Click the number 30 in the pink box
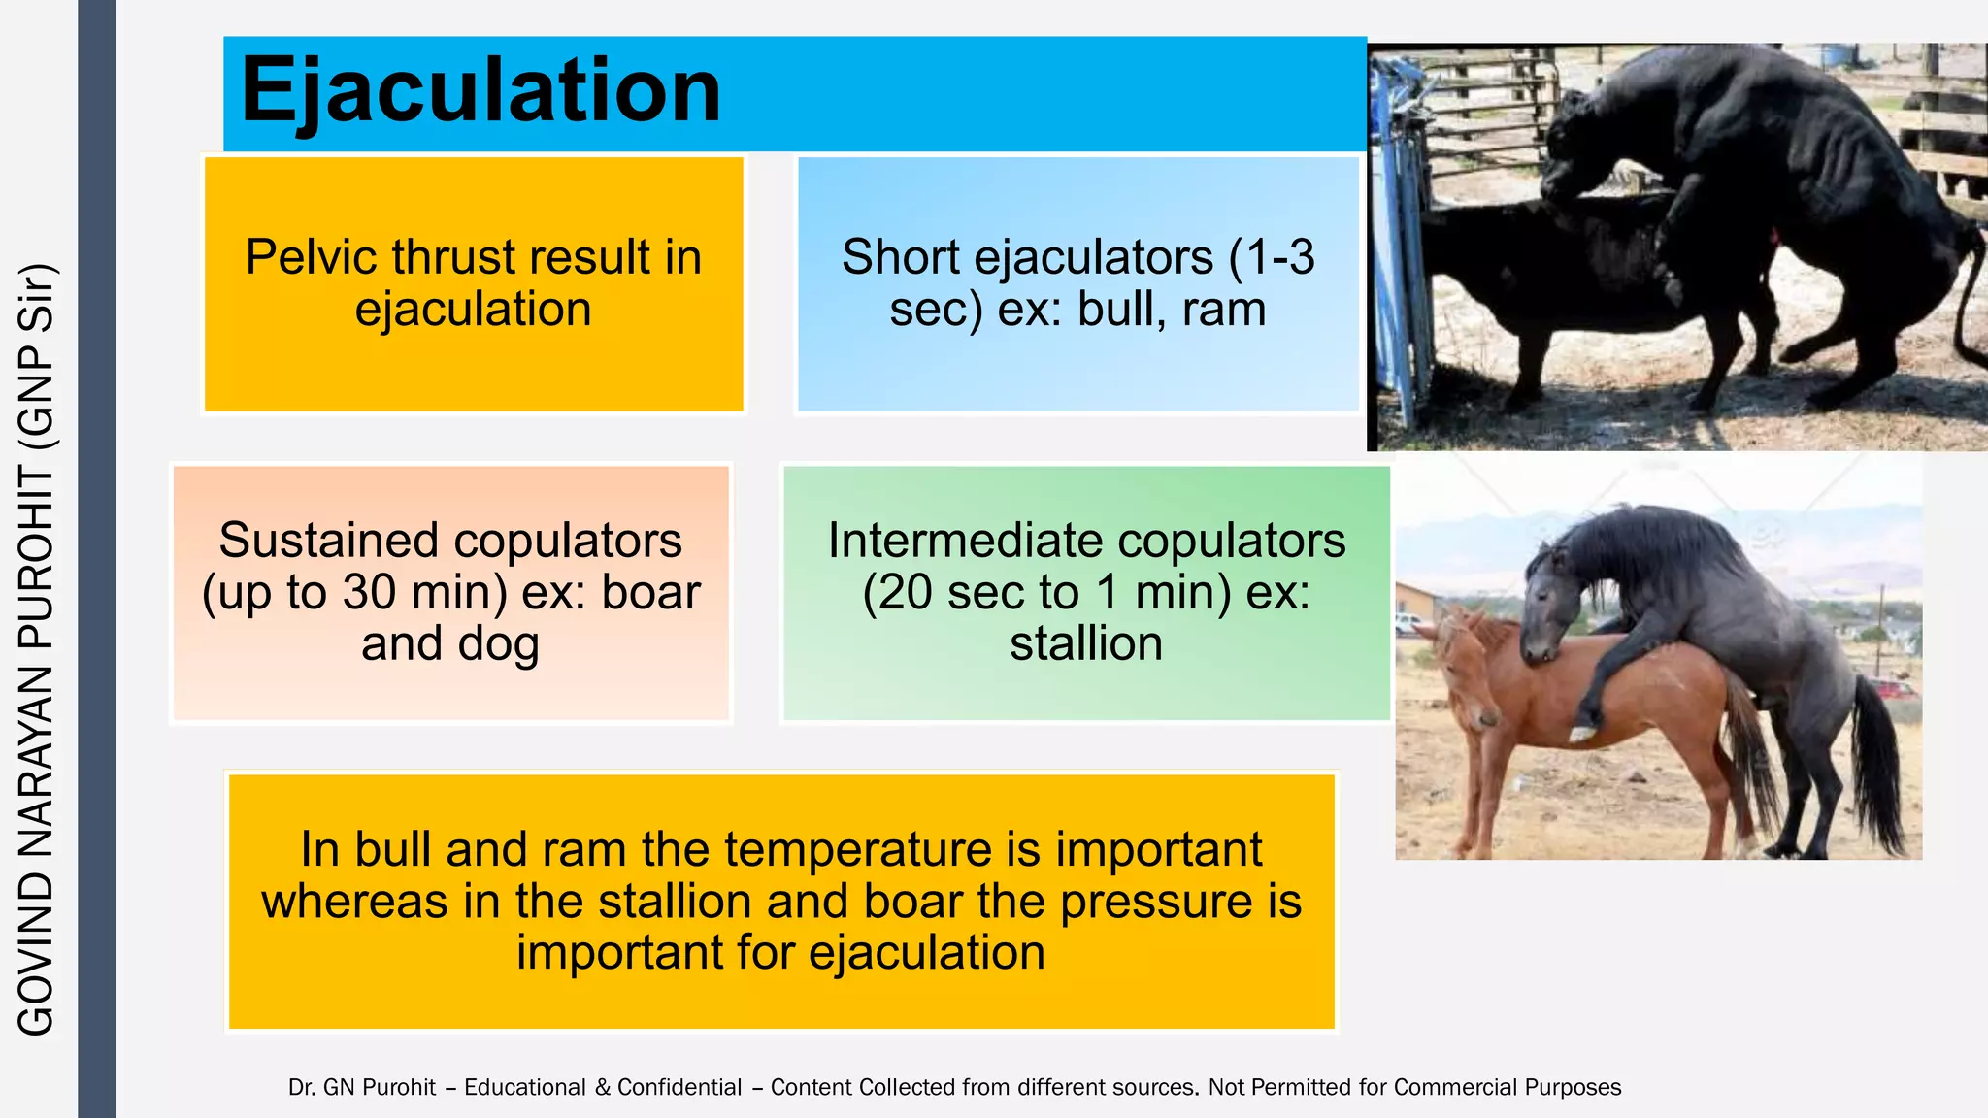pos(370,593)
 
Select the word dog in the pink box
pos(498,645)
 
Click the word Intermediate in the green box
pos(977,541)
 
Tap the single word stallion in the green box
pos(1086,645)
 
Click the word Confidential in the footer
pos(679,1088)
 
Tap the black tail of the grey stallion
pos(1878,767)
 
